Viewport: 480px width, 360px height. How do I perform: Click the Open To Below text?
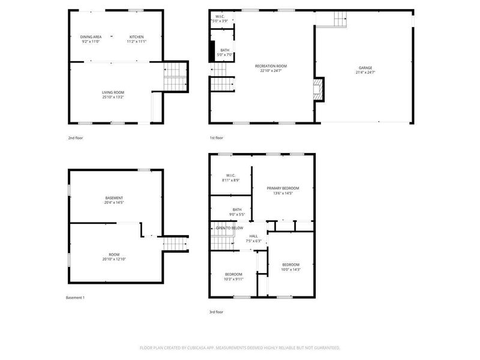(x=229, y=228)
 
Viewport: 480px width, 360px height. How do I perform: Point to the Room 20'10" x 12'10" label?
(x=114, y=257)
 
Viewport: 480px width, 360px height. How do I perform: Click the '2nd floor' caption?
(x=75, y=138)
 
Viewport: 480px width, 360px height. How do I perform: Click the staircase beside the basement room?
(x=175, y=244)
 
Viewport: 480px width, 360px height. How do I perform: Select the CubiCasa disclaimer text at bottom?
(x=240, y=347)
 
